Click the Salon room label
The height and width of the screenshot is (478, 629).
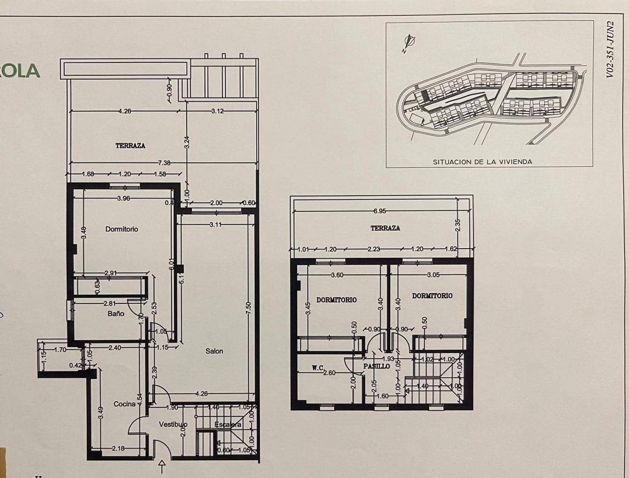coord(214,351)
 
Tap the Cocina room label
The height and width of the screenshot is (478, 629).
coord(124,404)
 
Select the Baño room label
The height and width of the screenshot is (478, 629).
coord(116,313)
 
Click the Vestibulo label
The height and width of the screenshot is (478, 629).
coord(173,425)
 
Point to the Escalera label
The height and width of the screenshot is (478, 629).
coord(228,425)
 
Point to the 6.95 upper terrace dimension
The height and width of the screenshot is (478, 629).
coord(380,211)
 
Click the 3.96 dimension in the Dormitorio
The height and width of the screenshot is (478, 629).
coord(123,199)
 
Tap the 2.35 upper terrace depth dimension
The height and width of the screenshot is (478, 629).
coord(457,224)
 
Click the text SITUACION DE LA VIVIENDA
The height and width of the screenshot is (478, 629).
coord(482,162)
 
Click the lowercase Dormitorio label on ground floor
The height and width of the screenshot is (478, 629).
coord(121,229)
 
